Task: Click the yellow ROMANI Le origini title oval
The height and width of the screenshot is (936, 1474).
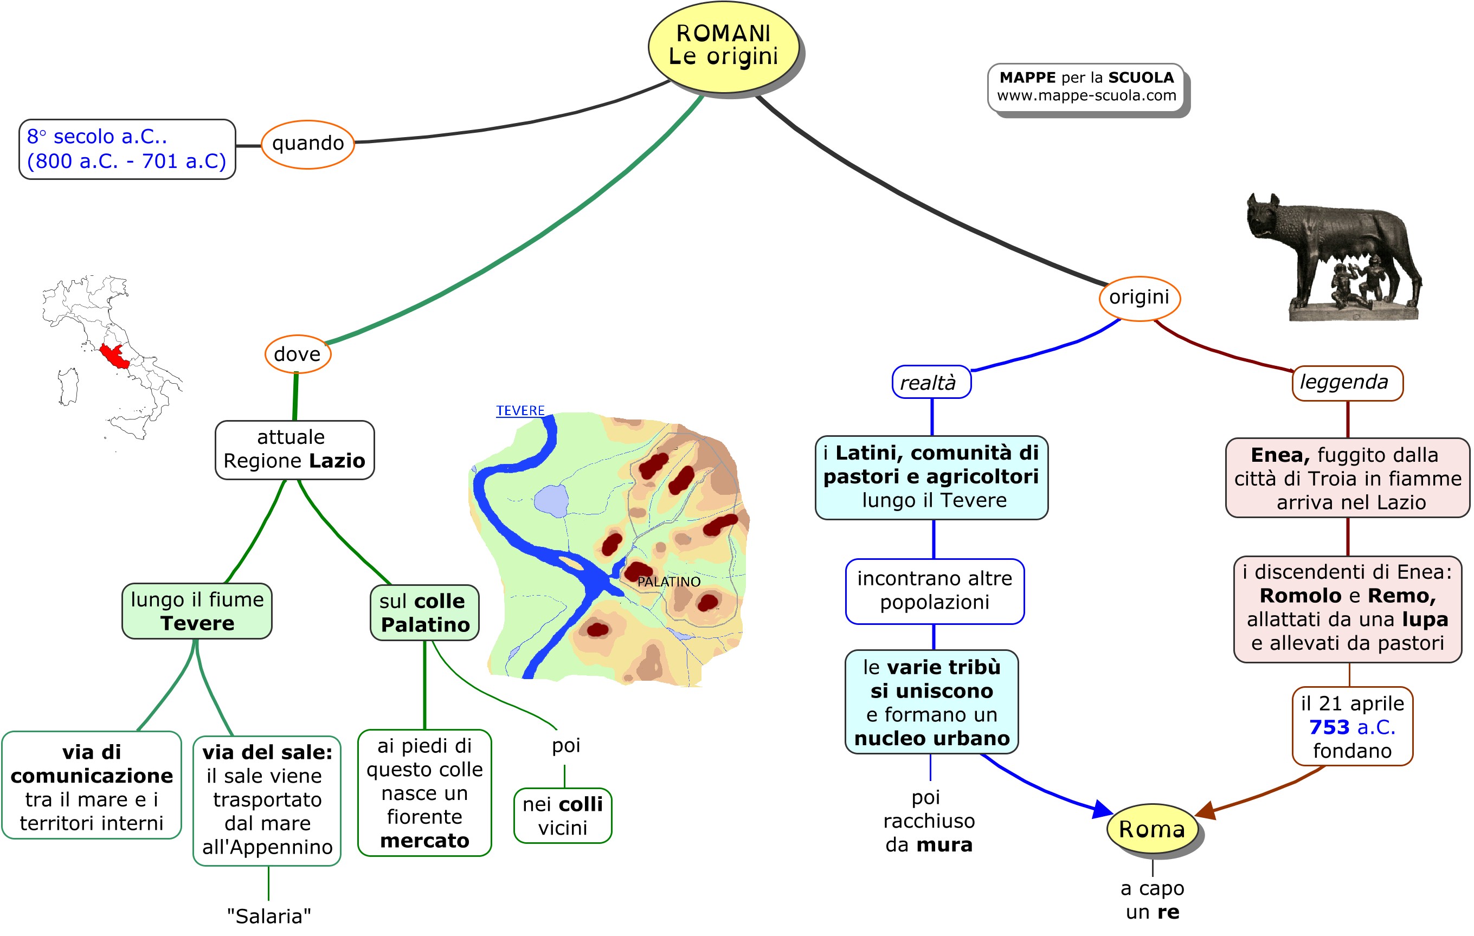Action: pos(724,46)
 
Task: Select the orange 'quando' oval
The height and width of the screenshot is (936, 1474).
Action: pos(308,144)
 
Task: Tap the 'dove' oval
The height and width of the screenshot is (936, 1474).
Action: pos(298,354)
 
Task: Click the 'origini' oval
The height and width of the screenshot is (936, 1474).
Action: pos(1139,298)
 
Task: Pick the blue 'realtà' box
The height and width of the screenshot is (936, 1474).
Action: pos(930,383)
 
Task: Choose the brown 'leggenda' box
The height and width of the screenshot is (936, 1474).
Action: pos(1347,383)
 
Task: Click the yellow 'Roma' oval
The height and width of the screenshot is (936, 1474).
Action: pos(1152,829)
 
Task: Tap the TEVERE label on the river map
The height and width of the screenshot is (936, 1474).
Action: pos(520,411)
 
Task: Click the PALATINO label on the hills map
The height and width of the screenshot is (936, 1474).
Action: pos(668,582)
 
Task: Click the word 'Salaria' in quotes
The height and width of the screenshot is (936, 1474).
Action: pos(269,916)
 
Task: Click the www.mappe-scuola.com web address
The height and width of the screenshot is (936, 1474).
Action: pos(1086,96)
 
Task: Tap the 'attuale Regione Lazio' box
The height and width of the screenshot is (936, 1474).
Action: pos(294,449)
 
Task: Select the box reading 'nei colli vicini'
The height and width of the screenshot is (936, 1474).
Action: pos(563,816)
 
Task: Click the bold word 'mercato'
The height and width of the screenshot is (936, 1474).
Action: pos(424,841)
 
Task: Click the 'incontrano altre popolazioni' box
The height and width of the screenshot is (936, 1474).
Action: pos(934,591)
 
